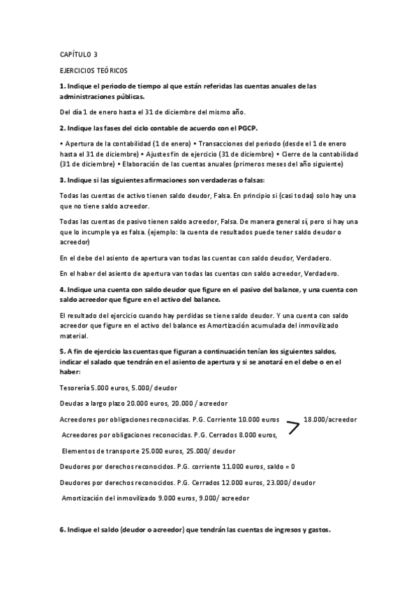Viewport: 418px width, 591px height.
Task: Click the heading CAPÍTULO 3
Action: coord(78,54)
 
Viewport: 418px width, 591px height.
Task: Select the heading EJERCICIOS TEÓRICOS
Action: coord(94,70)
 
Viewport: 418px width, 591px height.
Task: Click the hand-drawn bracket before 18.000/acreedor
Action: coord(293,428)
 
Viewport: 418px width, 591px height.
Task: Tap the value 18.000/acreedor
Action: coord(330,420)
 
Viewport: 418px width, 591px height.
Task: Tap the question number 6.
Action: coord(63,530)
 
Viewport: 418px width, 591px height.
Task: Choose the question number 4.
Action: coord(63,289)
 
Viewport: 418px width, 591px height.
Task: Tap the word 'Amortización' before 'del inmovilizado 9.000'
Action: coord(87,498)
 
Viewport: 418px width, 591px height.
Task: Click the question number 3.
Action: coord(63,180)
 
